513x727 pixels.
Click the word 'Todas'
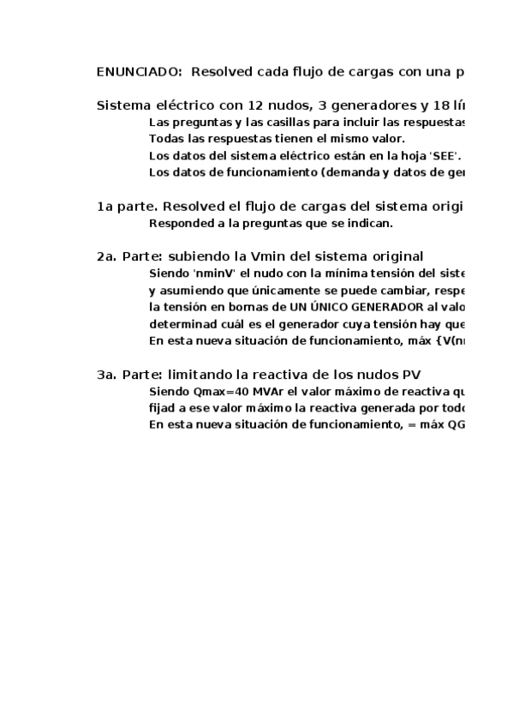tap(165, 139)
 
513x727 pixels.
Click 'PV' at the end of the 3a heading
tap(411, 375)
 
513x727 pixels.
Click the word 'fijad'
tap(163, 408)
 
